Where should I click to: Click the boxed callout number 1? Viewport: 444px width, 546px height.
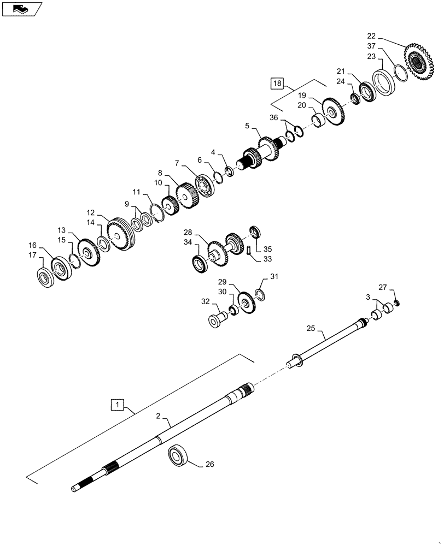pos(116,405)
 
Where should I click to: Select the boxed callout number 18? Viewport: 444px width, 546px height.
pos(277,84)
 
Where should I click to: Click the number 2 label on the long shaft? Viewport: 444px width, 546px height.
pos(158,416)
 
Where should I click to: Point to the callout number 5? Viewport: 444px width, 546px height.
pos(247,126)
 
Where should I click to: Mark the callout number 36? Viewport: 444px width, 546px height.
pos(274,117)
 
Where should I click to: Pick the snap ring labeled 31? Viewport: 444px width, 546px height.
pos(261,295)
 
